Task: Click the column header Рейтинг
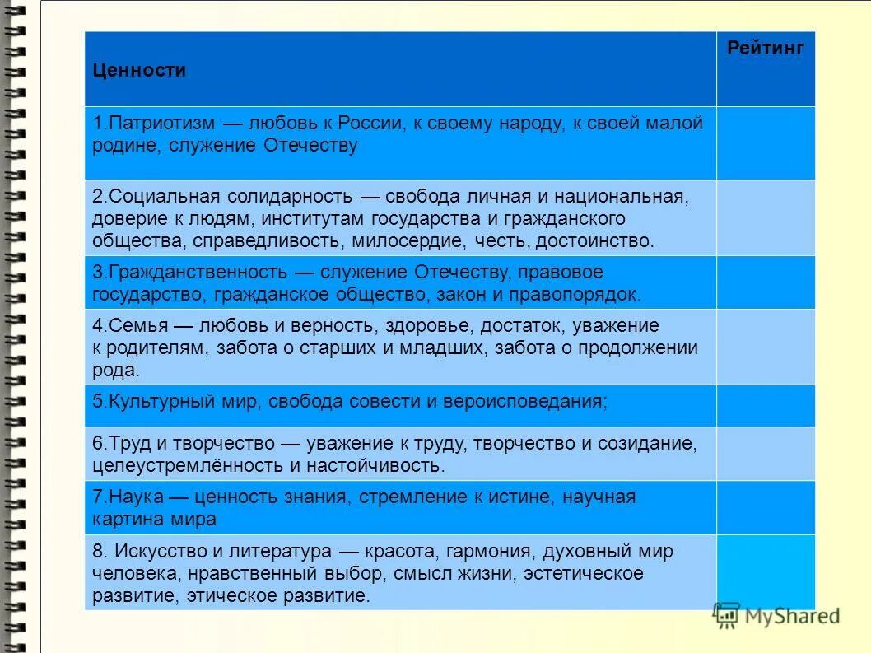tap(765, 48)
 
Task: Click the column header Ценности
tap(139, 71)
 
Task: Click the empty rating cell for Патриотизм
tap(765, 142)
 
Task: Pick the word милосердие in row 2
tap(410, 241)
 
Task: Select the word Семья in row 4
tap(126, 326)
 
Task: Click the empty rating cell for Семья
tap(765, 347)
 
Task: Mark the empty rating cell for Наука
tap(765, 507)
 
